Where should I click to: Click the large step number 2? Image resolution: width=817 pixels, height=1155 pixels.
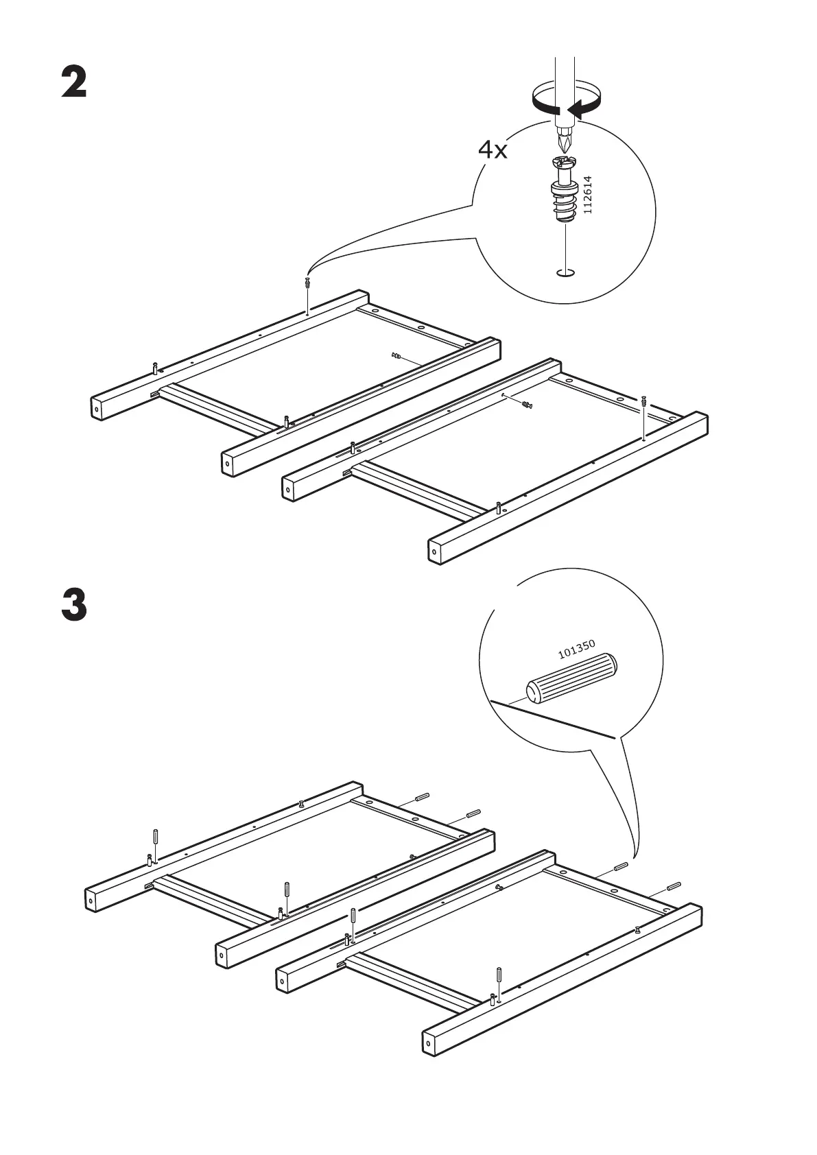(74, 82)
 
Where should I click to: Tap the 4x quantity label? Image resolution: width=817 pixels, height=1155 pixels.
(493, 150)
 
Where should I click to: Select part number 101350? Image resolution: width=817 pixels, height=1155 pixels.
(576, 649)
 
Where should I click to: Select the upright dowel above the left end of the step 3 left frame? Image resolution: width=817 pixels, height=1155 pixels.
(155, 838)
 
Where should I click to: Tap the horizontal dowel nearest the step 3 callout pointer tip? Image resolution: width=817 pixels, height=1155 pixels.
(621, 866)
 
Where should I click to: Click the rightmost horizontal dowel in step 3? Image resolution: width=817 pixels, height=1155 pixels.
(674, 885)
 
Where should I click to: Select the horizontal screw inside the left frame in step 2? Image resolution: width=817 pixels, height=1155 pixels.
(396, 355)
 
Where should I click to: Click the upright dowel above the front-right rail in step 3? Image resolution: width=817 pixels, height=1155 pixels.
(499, 975)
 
